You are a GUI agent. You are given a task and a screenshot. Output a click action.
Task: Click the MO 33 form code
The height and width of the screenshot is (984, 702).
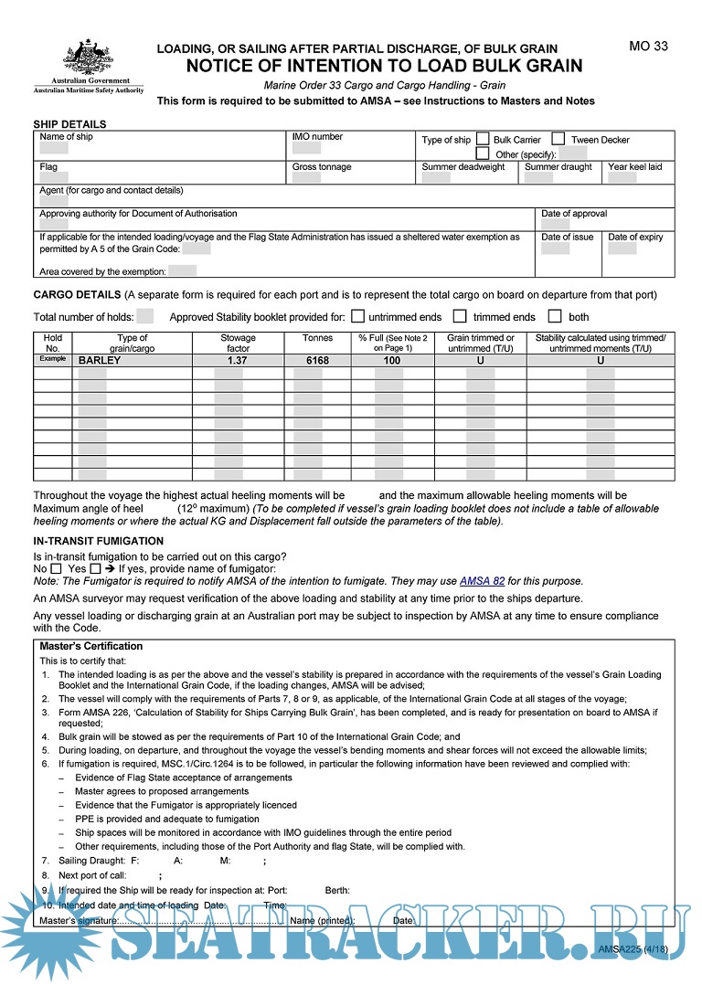coord(648,47)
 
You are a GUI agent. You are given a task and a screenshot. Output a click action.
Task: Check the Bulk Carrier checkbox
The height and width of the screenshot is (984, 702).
coord(483,139)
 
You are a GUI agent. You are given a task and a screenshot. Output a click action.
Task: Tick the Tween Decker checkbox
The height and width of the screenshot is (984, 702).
coord(558,139)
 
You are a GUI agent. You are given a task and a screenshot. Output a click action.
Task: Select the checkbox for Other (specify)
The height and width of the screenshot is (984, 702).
coord(483,153)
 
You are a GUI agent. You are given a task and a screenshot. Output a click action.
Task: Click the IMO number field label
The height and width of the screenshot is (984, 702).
coord(317,137)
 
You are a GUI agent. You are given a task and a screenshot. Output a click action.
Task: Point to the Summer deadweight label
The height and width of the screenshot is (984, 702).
coord(463,167)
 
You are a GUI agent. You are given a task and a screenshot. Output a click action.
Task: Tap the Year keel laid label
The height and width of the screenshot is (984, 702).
coord(634,167)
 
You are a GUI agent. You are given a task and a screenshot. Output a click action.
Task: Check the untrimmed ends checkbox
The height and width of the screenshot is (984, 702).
coord(358,316)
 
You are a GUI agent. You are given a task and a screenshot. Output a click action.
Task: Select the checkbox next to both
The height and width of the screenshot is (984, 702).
coord(554,316)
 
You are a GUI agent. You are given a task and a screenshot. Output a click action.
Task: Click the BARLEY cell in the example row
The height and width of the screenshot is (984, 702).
coord(100,360)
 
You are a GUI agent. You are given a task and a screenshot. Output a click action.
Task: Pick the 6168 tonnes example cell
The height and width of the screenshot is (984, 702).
coord(316,360)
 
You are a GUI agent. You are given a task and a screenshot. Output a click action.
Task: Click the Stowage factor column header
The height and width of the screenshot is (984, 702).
coord(238,343)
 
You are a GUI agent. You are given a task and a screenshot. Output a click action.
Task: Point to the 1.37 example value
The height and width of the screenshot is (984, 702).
coord(238,360)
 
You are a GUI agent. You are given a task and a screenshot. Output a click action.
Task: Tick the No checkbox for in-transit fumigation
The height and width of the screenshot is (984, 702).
coord(56,568)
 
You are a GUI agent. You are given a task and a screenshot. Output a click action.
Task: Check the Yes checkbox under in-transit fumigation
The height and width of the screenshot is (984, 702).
coord(95,568)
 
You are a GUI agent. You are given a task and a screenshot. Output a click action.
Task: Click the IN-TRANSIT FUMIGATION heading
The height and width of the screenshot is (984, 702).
coord(98,541)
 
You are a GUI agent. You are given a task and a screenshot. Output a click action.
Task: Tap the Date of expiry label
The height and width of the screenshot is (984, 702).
coord(635,238)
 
